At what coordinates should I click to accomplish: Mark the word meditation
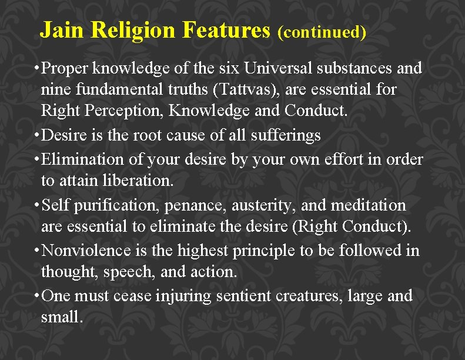pyautogui.click(x=369, y=205)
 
